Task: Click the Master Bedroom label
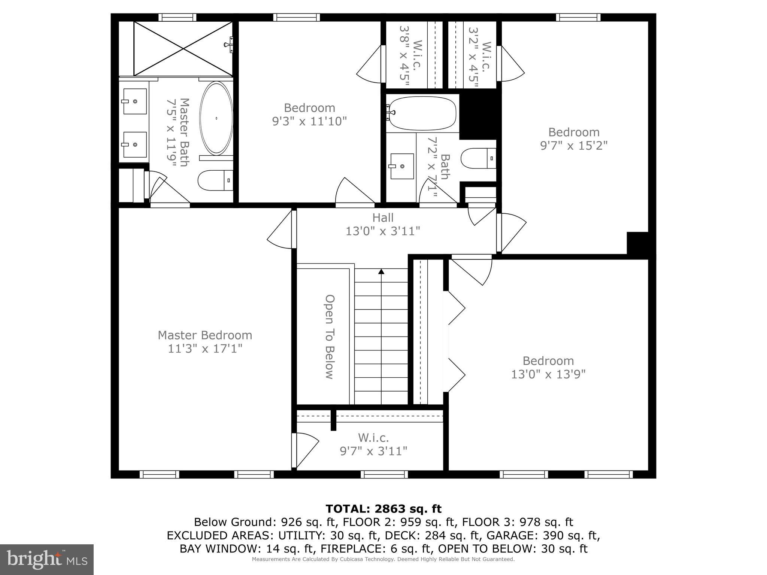point(205,335)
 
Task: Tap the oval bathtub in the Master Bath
point(216,118)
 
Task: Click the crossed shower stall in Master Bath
point(183,48)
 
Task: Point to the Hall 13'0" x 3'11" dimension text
point(382,231)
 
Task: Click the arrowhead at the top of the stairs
point(381,271)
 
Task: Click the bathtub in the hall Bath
point(422,113)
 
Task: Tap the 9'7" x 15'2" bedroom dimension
point(573,145)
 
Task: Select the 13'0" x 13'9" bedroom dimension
point(548,374)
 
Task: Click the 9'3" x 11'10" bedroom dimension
point(309,121)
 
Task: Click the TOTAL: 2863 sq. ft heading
point(383,509)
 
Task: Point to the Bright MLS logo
point(47,559)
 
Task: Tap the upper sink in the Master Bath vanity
point(134,101)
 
